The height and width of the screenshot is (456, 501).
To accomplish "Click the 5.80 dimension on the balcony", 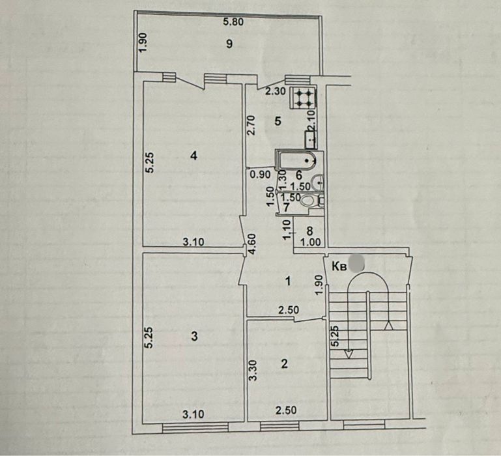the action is coord(233,21).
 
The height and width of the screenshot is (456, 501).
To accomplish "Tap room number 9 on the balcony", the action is coord(229,44).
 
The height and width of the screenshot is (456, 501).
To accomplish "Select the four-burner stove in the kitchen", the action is coord(303,97).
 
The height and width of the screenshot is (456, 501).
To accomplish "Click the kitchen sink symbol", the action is coord(311,139).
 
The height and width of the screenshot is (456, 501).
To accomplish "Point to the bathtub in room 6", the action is coord(296,160).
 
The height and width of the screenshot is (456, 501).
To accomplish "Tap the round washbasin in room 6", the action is coord(317,182).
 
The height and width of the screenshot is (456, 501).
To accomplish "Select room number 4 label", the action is coord(193,156).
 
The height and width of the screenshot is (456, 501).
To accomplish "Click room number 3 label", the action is coord(194,336).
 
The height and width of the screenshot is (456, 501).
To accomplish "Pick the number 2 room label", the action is coord(284,363).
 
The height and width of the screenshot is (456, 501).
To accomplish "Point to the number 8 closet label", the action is coord(309,231).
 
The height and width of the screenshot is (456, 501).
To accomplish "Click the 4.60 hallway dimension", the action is coord(252,244).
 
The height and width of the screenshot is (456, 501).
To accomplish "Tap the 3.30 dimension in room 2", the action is coord(253,371).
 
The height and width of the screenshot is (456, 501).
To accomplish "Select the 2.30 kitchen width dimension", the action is coord(276,92).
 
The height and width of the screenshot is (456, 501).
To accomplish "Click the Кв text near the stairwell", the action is coord(339,266).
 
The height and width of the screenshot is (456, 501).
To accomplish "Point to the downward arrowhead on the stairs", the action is coord(349,354).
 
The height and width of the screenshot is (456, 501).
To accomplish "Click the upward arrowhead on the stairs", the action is coord(388,325).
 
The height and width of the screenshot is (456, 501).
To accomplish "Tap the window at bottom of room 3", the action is coord(195,427).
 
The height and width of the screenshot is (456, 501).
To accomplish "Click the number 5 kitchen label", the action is coord(278,121).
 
